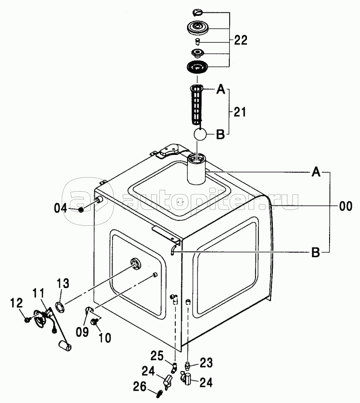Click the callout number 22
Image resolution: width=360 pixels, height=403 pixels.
[x=241, y=40]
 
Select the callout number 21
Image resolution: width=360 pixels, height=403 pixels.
[x=239, y=112]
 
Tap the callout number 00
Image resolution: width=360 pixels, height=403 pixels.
[x=345, y=206]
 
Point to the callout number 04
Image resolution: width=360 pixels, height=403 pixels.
[x=60, y=208]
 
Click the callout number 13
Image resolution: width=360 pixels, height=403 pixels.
[x=63, y=283]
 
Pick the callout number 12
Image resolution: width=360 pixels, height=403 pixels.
[x=16, y=303]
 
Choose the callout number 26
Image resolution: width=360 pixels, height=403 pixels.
[x=140, y=387]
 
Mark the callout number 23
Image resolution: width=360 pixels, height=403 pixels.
[x=206, y=363]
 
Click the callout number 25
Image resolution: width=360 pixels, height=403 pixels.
[x=157, y=356]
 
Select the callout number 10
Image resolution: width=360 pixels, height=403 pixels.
[x=104, y=338]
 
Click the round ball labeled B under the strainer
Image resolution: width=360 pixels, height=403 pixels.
[x=200, y=134]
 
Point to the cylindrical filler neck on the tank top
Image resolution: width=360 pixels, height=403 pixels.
[x=197, y=169]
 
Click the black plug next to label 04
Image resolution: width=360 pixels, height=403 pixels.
[x=81, y=209]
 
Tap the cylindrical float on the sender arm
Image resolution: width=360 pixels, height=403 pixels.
[x=65, y=346]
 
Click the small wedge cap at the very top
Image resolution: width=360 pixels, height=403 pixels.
[x=198, y=12]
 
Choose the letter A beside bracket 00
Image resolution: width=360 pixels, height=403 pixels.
[x=316, y=171]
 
